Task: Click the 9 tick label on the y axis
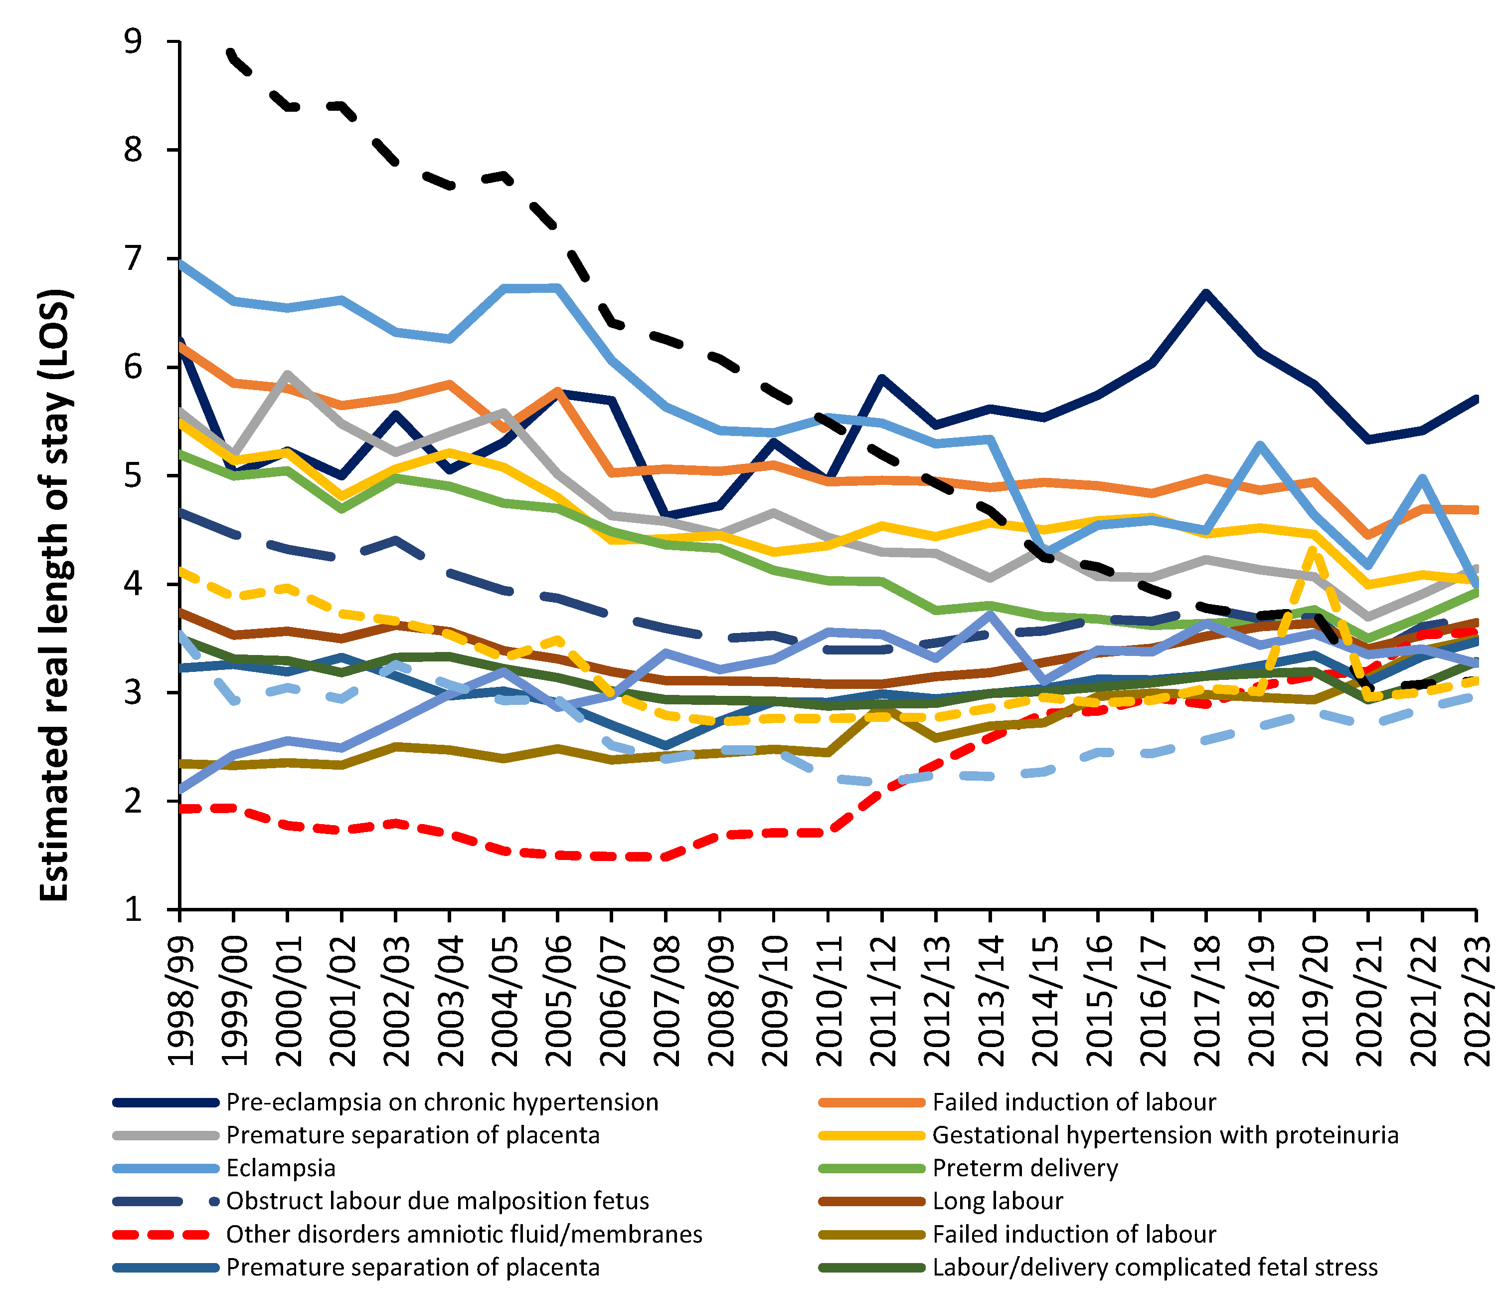click(x=133, y=42)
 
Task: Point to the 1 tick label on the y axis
click(x=133, y=909)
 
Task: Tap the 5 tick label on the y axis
click(x=133, y=476)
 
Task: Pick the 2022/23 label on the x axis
click(x=1478, y=1001)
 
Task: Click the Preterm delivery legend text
click(x=1025, y=1168)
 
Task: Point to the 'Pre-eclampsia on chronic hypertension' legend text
click(x=442, y=1102)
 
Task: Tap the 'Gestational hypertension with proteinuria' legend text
click(x=1165, y=1135)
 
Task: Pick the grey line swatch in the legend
click(x=165, y=1135)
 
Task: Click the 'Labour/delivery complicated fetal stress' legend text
click(x=1155, y=1267)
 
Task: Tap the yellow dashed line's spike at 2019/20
click(x=1313, y=550)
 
